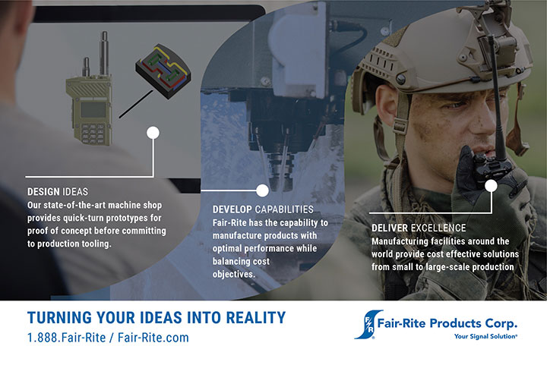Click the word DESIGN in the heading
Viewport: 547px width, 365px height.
43,191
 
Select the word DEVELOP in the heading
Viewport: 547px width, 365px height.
232,209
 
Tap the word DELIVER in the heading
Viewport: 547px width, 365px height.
390,228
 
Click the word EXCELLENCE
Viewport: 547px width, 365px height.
438,228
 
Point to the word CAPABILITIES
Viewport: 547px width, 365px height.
284,209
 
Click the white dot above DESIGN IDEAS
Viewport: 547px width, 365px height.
153,133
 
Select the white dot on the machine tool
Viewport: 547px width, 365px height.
262,190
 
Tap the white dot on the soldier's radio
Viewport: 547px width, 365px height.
492,186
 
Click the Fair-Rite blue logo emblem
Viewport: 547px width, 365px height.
368,325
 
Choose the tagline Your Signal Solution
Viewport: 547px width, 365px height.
485,336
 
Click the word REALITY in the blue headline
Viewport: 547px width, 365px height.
256,318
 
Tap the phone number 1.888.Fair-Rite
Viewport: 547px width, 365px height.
66,338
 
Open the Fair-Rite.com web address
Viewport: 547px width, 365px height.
153,338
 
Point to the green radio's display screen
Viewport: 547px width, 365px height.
93,110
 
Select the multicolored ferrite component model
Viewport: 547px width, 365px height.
163,71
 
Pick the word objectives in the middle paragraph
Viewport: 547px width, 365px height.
234,275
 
